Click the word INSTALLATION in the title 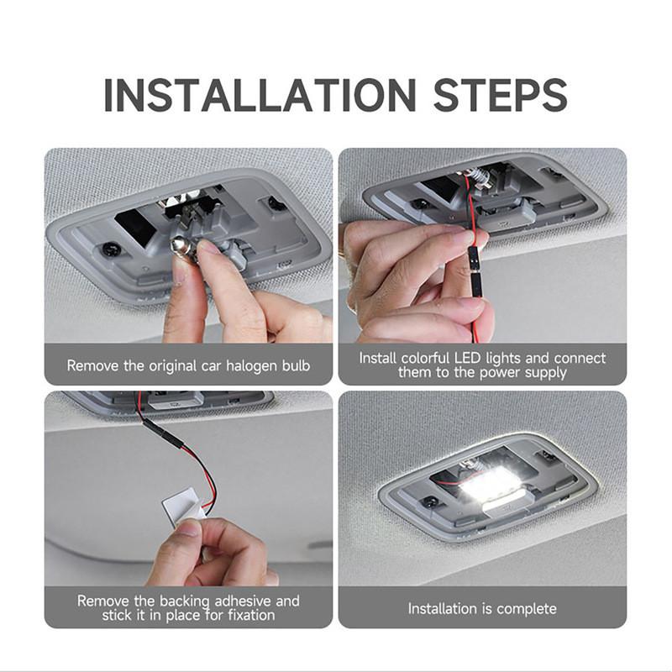tap(260, 95)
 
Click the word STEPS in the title tap(500, 95)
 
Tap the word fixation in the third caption tap(251, 615)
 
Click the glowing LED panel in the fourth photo tap(490, 486)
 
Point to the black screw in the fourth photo tap(427, 501)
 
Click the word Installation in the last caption tap(443, 608)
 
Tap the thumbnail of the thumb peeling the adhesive tap(188, 528)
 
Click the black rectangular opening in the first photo tap(135, 226)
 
